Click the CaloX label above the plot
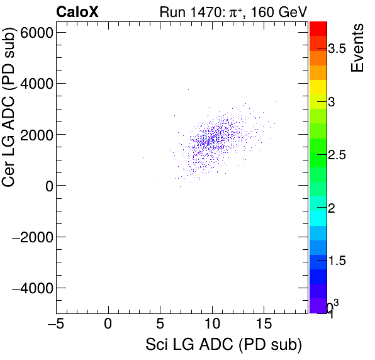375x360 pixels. (77, 11)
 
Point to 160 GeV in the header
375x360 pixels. (276, 11)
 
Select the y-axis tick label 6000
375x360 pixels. (36, 32)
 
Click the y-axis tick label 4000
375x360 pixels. (36, 83)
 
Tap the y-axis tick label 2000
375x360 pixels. (36, 134)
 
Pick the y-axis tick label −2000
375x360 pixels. (33, 237)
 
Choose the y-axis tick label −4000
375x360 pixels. (33, 288)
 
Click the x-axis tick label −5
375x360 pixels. (57, 325)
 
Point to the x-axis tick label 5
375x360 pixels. (160, 325)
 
